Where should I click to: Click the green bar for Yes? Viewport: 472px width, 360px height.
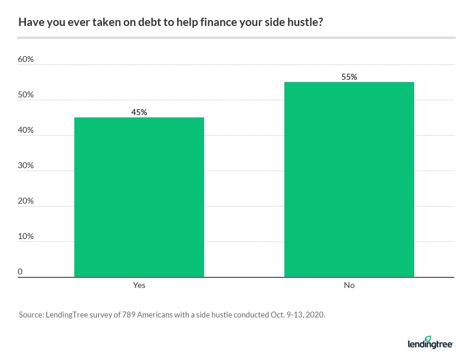tap(139, 197)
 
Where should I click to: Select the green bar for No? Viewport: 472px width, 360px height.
tap(349, 179)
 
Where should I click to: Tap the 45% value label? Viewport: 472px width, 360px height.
tap(139, 112)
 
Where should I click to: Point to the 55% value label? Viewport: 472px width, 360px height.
tap(349, 76)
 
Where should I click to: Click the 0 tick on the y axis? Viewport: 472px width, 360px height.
tap(20, 272)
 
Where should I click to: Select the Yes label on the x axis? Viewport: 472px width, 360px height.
tap(139, 285)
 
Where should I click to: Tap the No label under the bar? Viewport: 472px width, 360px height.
tap(349, 285)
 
